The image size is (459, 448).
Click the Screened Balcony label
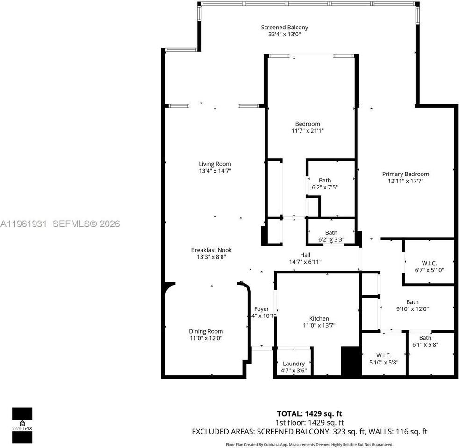(284, 28)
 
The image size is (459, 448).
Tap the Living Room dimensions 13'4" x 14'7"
(215, 171)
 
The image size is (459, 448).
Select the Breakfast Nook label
(211, 250)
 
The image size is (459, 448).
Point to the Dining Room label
(206, 331)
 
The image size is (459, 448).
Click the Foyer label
(261, 309)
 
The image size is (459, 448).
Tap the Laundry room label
(294, 364)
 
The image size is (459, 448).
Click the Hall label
(305, 254)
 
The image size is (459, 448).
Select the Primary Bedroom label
(405, 174)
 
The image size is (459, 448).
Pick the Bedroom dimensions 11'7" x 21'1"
(307, 131)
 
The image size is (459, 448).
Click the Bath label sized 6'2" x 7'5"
(324, 180)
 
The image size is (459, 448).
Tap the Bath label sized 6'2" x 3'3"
(331, 232)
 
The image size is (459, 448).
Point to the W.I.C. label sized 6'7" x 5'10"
(429, 263)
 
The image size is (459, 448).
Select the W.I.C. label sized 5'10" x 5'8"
(383, 355)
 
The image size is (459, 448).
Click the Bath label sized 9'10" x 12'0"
(412, 302)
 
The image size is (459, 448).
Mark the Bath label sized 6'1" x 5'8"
(425, 338)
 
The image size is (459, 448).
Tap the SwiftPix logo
(22, 425)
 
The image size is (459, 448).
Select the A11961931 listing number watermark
(23, 224)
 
